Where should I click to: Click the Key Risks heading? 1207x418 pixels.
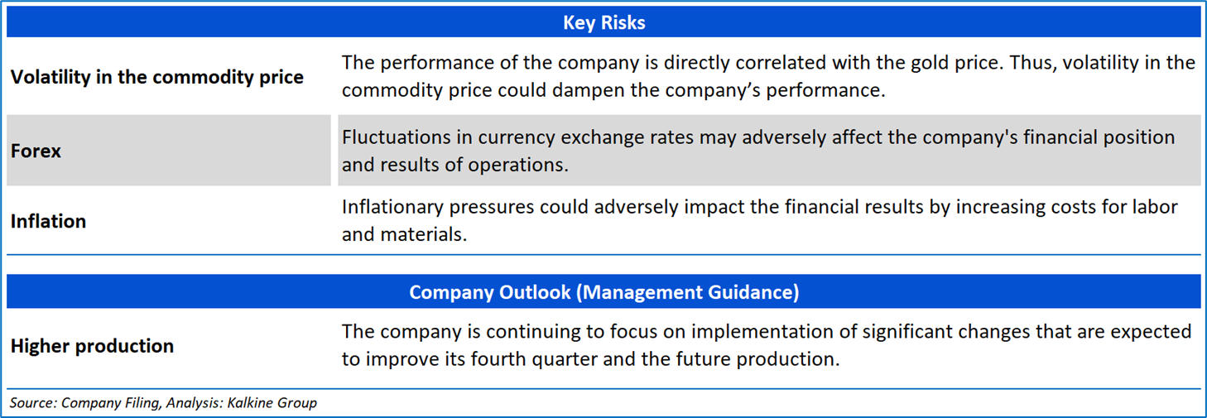coord(604,22)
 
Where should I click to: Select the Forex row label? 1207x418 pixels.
coord(36,151)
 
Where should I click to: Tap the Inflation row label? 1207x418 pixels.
coord(49,221)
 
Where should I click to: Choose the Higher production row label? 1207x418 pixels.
coord(92,346)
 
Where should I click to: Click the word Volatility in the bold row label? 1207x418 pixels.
coord(50,77)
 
